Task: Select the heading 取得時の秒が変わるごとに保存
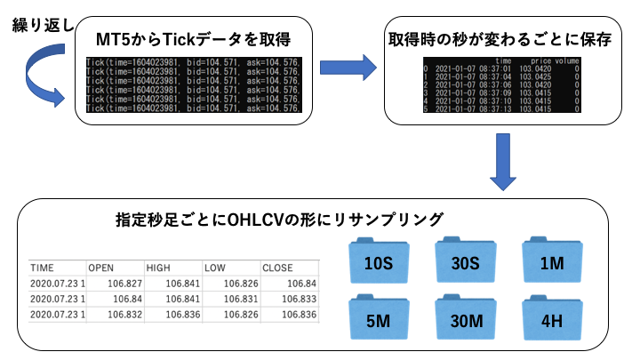(503, 41)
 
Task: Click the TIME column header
(42, 267)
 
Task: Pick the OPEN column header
(100, 267)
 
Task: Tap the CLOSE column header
(276, 267)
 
